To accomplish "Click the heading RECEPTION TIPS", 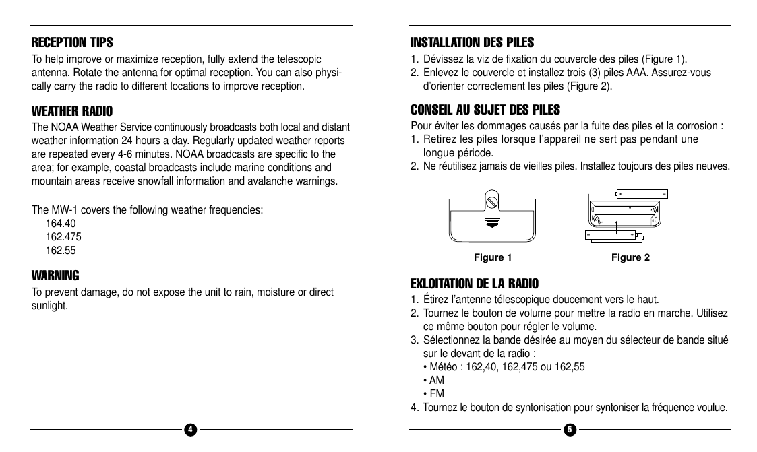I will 73,43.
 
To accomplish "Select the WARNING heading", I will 55,276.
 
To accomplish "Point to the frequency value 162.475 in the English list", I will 63,237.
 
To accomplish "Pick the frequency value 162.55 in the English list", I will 61,251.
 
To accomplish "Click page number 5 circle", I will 570,430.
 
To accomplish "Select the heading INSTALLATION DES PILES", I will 472,43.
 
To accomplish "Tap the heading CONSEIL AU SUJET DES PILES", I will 485,110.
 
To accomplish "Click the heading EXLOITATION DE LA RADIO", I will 475,284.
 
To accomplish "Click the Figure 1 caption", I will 493,257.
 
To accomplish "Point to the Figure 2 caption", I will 630,257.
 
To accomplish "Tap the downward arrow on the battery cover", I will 493,223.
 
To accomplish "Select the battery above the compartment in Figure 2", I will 641,194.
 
